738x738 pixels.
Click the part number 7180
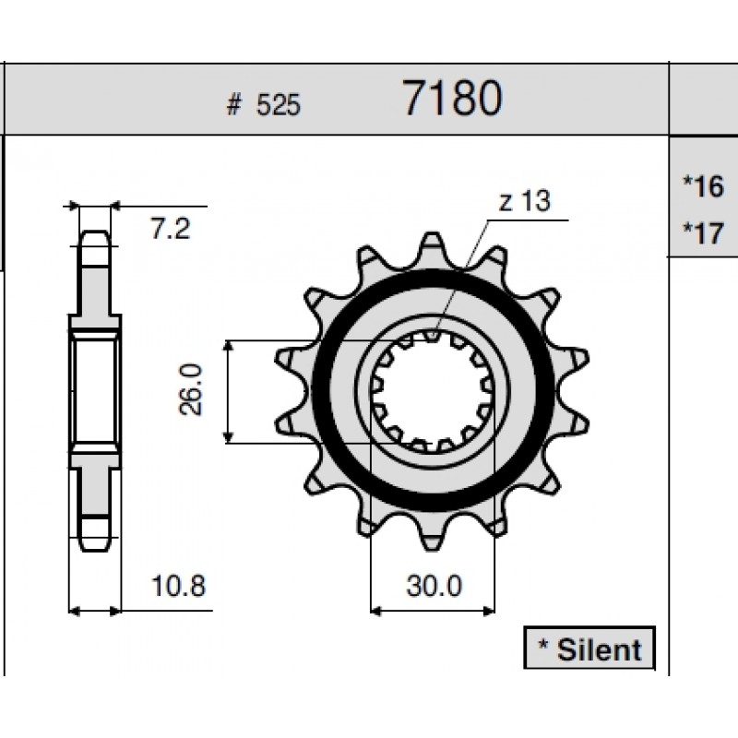(x=453, y=98)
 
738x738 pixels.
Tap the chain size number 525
(x=278, y=105)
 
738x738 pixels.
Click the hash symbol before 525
(x=233, y=104)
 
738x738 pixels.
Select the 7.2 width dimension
(x=171, y=229)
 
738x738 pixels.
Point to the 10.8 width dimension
(x=178, y=586)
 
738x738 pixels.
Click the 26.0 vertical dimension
(x=191, y=389)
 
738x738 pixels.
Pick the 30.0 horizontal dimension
(x=434, y=586)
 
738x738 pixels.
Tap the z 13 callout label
(x=524, y=201)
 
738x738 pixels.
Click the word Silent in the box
(x=599, y=650)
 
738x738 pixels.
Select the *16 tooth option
(x=703, y=186)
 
